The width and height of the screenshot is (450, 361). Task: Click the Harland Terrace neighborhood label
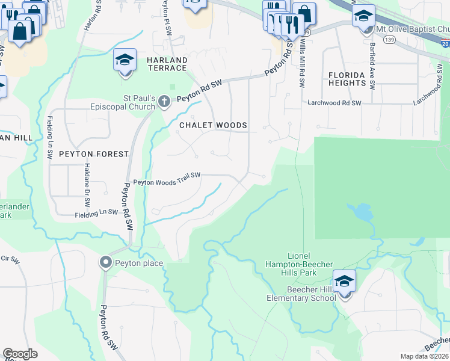(x=167, y=64)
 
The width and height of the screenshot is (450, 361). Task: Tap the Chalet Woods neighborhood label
(x=213, y=125)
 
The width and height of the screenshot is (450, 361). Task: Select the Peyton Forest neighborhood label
(x=94, y=154)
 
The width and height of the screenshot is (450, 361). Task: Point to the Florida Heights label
(x=347, y=79)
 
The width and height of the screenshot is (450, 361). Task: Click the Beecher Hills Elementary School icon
(x=345, y=282)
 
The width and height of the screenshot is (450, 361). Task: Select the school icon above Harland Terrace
(x=125, y=61)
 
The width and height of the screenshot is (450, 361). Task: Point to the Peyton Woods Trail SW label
(x=166, y=182)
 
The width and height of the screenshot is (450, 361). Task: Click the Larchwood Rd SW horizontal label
(x=334, y=103)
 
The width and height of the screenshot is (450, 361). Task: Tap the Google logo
(x=20, y=353)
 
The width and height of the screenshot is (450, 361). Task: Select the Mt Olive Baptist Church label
(x=412, y=29)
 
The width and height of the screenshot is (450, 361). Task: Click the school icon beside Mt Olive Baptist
(x=363, y=16)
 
